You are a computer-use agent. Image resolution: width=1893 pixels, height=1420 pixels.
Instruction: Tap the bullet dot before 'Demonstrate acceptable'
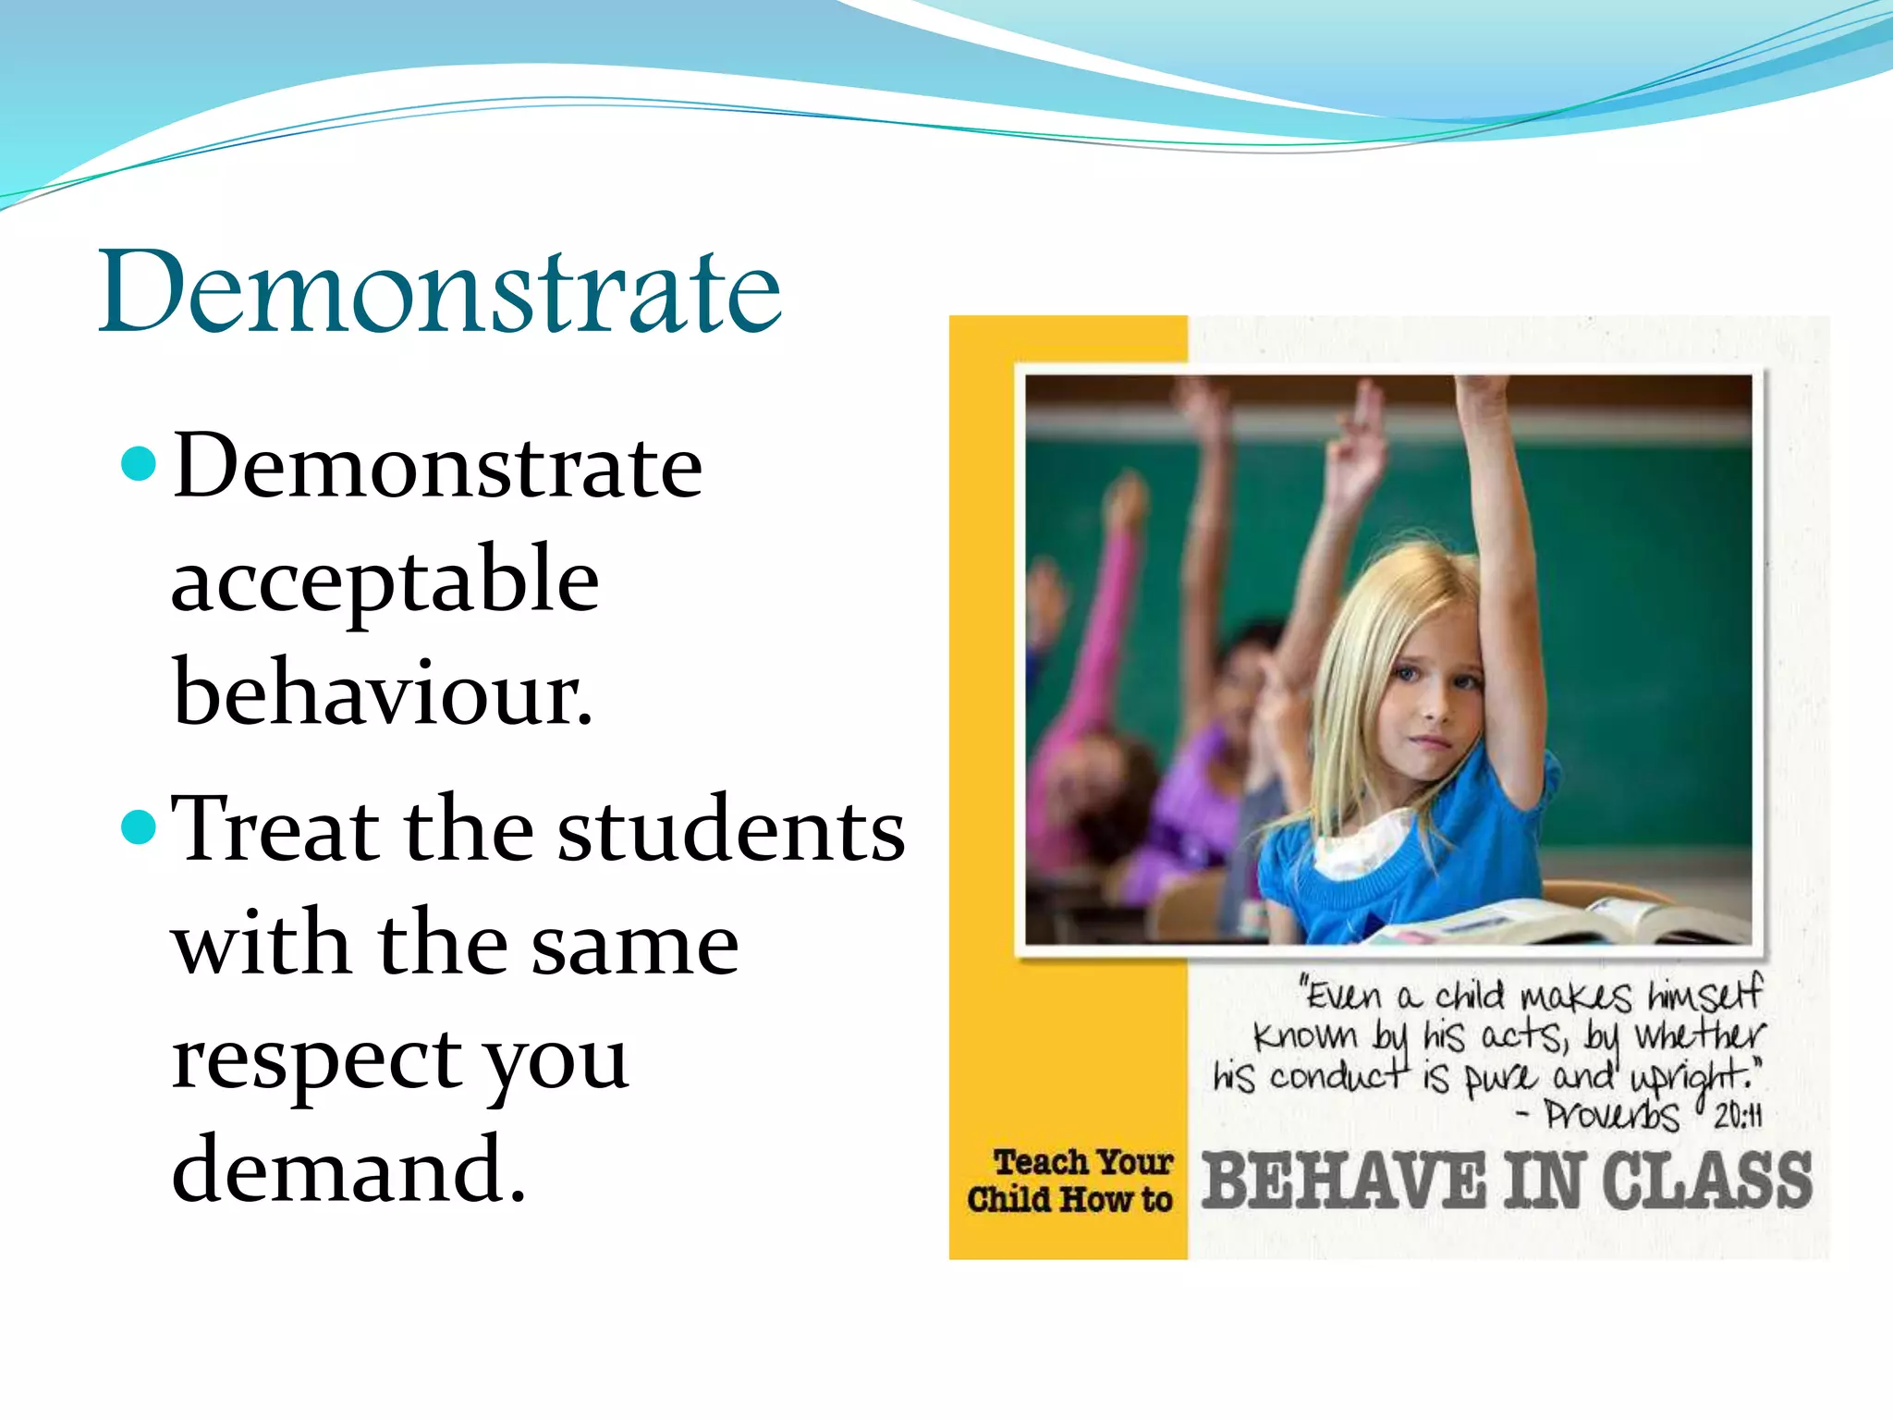(139, 464)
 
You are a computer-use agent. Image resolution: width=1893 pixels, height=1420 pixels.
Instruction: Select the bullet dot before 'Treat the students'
(139, 826)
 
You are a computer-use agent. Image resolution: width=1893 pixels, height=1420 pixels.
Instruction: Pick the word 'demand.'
(348, 1170)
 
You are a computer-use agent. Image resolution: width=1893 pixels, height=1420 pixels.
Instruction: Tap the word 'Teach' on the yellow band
(1041, 1161)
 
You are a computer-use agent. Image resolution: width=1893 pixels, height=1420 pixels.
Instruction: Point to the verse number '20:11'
(1738, 1117)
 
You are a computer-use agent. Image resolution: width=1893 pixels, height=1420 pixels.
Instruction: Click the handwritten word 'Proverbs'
(1612, 1115)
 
